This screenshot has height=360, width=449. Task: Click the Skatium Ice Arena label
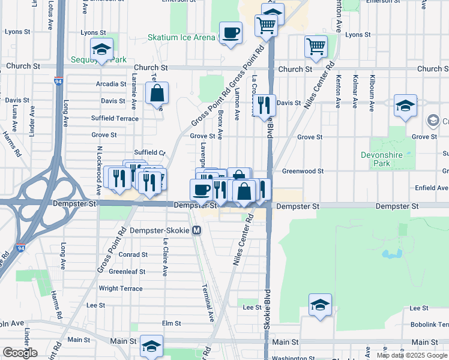181,37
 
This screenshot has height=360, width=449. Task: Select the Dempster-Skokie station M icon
197,230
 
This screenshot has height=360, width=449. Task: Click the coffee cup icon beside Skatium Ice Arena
230,32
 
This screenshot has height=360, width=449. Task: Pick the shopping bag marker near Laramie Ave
157,94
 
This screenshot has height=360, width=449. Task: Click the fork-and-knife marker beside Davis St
264,106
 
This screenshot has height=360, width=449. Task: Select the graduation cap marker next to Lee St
321,305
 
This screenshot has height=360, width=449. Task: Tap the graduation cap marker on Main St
151,346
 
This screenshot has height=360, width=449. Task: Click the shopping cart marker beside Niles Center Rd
315,46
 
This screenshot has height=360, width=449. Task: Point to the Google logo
20,353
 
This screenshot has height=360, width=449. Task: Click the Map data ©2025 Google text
412,355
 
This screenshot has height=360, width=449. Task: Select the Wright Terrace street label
121,289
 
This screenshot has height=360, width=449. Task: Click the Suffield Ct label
148,153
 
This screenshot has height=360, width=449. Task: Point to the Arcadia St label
111,84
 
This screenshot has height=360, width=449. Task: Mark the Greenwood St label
303,171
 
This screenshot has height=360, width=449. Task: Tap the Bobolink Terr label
430,324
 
